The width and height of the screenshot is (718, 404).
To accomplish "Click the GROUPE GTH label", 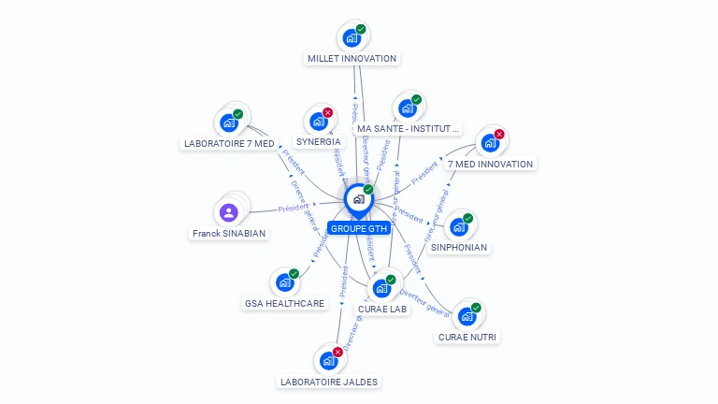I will coord(359,228).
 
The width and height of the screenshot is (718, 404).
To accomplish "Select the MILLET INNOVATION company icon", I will coord(352,38).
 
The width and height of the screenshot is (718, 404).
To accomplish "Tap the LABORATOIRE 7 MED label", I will coord(229,144).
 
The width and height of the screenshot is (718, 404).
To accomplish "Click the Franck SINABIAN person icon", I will coord(229,212).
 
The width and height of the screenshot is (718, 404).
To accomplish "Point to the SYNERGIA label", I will coord(318,142).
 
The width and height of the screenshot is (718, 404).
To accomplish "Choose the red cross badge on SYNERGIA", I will coord(327,113).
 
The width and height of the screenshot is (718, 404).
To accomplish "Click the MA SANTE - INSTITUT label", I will coord(409,129).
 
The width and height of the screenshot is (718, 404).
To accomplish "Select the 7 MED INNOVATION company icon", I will coord(489,144).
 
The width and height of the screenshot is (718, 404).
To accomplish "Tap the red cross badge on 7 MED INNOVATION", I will coord(498,135).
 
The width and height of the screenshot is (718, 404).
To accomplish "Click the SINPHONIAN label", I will coord(458,248).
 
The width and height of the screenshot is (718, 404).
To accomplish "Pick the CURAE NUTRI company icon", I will coord(467,316).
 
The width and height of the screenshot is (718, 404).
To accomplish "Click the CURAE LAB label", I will coord(382,310).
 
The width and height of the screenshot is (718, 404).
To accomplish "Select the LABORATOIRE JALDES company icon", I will coord(328,361).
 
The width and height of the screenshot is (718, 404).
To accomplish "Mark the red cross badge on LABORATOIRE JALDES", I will coord(337,353).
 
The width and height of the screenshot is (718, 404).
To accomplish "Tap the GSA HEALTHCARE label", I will coord(285,303).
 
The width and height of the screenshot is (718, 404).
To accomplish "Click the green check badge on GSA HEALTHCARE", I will coord(294,274).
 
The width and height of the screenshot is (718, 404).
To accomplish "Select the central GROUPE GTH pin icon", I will coord(358,199).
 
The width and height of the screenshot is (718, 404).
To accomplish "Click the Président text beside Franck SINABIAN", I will coord(293,208).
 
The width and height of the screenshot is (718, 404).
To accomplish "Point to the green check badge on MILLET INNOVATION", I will coord(361,29).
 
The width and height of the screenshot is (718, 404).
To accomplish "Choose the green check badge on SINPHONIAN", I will coord(467,219).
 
